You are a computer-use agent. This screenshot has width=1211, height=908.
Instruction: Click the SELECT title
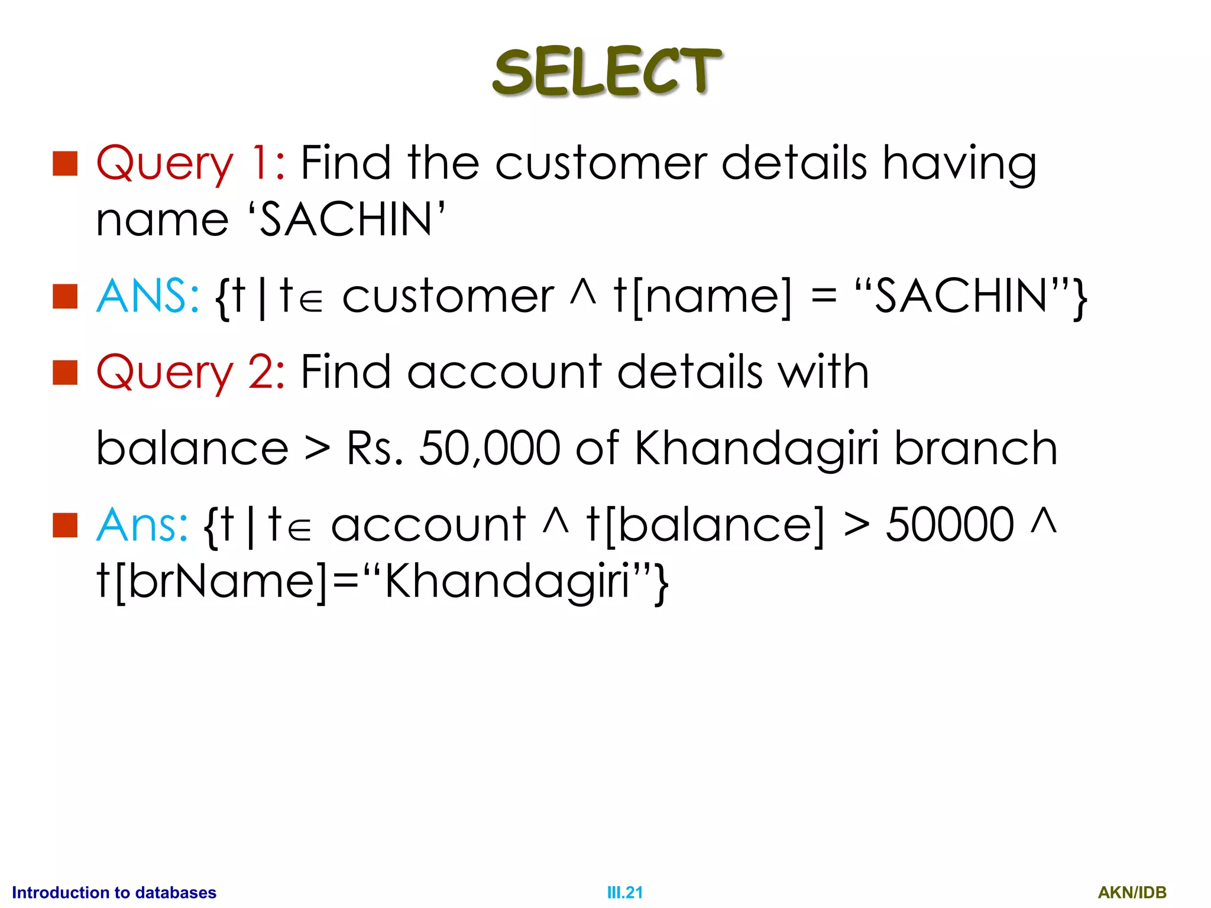click(607, 72)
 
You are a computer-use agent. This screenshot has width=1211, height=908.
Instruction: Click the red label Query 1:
click(190, 163)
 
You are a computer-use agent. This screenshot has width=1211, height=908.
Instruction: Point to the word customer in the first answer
click(448, 297)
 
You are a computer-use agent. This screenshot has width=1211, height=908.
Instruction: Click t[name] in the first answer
click(702, 297)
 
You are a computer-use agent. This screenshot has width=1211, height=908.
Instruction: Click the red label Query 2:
click(190, 372)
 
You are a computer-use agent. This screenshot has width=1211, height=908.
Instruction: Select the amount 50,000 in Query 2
click(490, 448)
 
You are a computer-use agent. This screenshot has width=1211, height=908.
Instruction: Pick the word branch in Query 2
click(976, 448)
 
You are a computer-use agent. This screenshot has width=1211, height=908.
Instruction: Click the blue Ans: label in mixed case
click(142, 525)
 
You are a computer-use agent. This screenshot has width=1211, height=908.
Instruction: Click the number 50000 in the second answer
click(950, 525)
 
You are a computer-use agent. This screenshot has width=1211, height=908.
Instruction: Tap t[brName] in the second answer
click(212, 582)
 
